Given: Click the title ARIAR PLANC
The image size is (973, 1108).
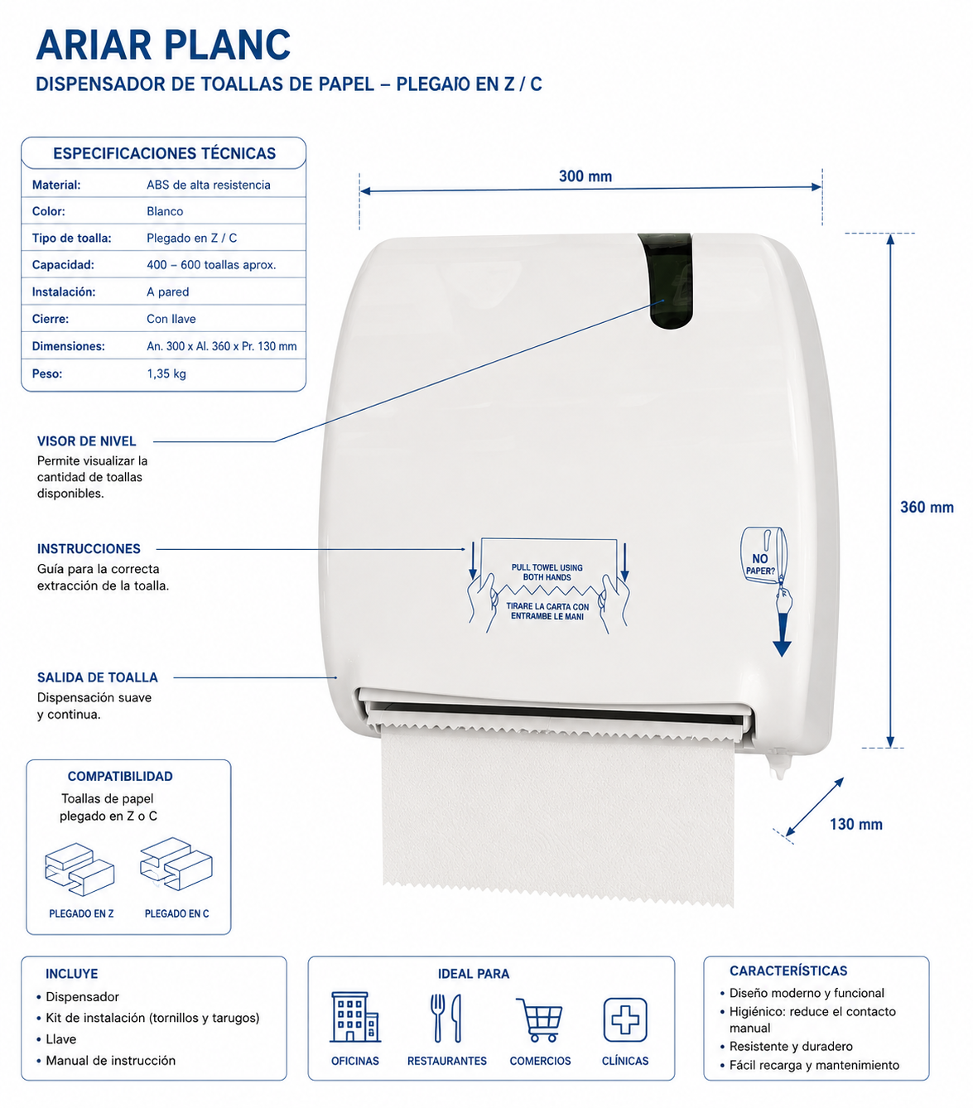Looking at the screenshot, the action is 163,45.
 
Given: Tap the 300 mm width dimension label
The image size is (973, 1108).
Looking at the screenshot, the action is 585,176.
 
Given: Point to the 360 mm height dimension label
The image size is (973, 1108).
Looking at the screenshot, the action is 927,507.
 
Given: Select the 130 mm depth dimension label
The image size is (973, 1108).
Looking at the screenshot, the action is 856,824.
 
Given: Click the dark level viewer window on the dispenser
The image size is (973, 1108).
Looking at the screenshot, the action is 667,281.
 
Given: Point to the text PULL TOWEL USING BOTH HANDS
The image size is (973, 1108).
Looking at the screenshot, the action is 547,572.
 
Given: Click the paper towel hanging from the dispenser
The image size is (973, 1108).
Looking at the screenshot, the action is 557,812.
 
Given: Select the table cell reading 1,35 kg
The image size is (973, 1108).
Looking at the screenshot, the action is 166,373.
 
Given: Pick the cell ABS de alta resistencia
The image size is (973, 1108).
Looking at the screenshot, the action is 209,185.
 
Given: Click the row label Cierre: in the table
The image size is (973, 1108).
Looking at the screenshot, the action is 51,319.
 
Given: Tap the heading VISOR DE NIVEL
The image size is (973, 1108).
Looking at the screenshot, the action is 86,441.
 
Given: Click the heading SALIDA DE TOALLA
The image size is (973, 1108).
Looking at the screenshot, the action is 98,677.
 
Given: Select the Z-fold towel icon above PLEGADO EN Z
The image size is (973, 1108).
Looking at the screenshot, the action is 79,870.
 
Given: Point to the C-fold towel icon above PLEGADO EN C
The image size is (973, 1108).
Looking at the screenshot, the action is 176,864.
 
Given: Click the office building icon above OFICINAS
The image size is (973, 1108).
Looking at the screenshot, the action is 355,1017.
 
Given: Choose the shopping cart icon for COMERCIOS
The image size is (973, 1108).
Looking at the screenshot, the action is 540,1019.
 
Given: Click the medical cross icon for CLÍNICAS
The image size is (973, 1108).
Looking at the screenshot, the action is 625,1019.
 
